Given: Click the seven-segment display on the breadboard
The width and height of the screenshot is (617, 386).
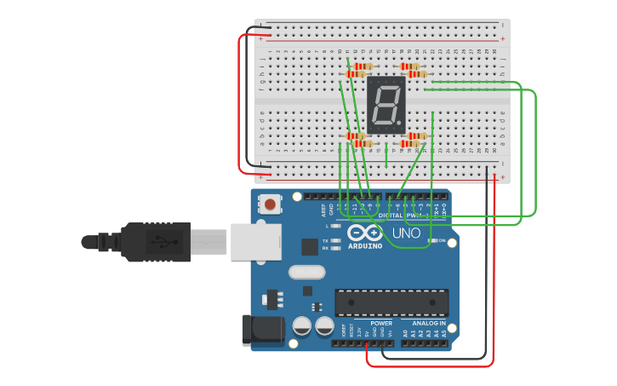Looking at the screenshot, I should pyautogui.click(x=386, y=105).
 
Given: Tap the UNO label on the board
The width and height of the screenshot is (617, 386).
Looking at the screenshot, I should pyautogui.click(x=406, y=233).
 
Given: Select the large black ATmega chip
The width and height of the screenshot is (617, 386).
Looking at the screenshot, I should pyautogui.click(x=391, y=302).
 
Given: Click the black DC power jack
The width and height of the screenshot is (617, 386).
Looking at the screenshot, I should pyautogui.click(x=262, y=331).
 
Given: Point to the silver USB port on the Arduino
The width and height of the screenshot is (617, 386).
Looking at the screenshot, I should pyautogui.click(x=255, y=241).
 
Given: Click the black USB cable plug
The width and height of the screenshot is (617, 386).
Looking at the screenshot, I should pyautogui.click(x=162, y=241).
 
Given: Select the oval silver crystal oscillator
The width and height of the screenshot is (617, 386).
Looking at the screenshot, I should pyautogui.click(x=306, y=273).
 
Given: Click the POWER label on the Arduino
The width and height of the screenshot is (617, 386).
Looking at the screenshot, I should pyautogui.click(x=381, y=323).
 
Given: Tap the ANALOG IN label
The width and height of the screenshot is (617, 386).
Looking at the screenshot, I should pyautogui.click(x=429, y=323).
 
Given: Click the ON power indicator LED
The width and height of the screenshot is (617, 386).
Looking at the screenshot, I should pyautogui.click(x=432, y=241).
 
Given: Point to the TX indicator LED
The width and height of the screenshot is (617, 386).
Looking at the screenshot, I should pyautogui.click(x=336, y=241).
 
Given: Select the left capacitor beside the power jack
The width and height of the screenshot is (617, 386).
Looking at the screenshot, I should pyautogui.click(x=302, y=326).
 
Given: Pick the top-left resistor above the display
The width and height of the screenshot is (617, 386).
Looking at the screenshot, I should pyautogui.click(x=363, y=66).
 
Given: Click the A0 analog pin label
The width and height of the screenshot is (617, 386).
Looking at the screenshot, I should pyautogui.click(x=405, y=335).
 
